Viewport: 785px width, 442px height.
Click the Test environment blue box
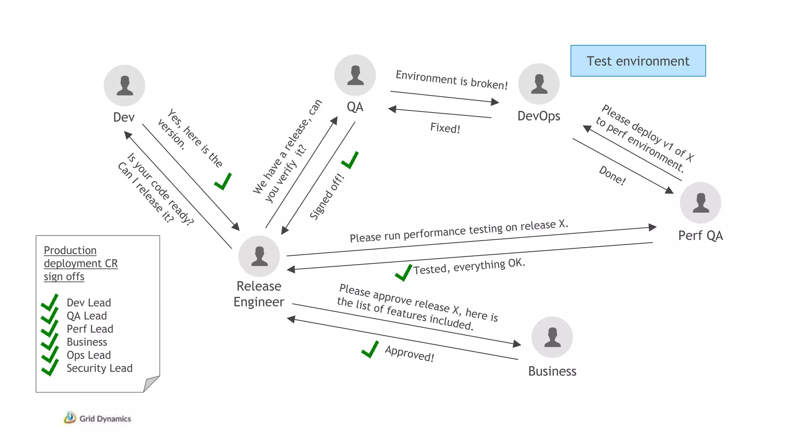(638, 61)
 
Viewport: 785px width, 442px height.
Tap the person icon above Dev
(125, 85)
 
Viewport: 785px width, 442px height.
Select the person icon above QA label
(355, 75)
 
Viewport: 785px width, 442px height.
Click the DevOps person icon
(539, 84)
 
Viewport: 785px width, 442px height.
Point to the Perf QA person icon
(700, 203)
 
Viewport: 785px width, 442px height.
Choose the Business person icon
(552, 337)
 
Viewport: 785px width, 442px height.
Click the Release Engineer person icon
(259, 256)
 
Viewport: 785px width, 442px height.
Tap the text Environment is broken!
(452, 80)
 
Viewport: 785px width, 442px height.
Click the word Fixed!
(445, 128)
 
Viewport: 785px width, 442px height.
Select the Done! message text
(612, 175)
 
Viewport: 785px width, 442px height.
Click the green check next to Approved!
(370, 350)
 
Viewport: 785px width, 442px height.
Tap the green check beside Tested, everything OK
(403, 273)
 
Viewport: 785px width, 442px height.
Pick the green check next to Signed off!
(350, 160)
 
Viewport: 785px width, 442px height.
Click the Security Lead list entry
(99, 368)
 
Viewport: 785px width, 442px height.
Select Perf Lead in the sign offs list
(90, 329)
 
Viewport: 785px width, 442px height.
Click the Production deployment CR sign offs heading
(80, 263)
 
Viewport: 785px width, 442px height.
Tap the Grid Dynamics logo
(97, 418)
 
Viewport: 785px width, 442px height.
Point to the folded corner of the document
(151, 384)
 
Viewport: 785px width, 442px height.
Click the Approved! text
(409, 353)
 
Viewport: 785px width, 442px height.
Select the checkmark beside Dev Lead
(50, 302)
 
